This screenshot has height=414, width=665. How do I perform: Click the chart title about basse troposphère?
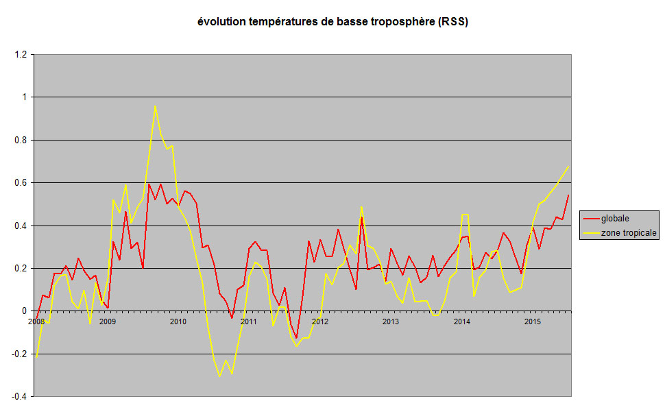pos(332,22)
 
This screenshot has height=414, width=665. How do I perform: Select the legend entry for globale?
pos(615,219)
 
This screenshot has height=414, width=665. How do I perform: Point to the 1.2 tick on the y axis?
pos(20,54)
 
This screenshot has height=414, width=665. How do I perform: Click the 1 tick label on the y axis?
pos(24,97)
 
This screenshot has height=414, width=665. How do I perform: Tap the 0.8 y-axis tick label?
pos(20,140)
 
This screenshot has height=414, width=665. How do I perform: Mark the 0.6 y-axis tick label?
pos(20,183)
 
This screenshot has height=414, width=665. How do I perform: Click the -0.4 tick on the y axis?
pos(19,397)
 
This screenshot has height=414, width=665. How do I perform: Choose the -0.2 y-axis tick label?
pos(19,354)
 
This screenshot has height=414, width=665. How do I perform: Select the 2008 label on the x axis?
pos(36,321)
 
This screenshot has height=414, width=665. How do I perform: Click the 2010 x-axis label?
pos(178,321)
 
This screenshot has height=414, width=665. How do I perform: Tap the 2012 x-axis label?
pos(319,321)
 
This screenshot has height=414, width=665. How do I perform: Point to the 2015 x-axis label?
pos(532,321)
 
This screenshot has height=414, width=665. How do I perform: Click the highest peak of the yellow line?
pos(155,106)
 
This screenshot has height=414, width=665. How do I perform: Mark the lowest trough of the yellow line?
pos(219,376)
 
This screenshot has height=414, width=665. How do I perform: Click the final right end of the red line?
pos(568,195)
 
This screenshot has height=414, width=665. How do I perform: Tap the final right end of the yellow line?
pos(568,166)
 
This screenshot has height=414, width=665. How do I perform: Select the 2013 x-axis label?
pos(390,321)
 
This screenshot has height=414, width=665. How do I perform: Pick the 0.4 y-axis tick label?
pos(20,226)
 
